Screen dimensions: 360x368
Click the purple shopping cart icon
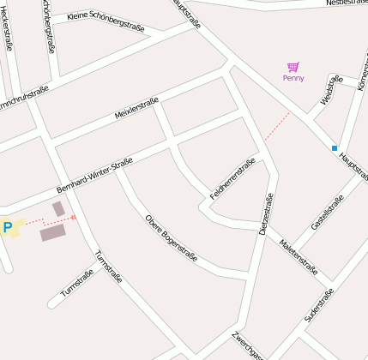pos(293,67)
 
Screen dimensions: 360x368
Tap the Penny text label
pos(293,78)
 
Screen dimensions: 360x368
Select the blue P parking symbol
pos(8,227)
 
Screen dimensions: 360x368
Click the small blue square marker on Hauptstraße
pos(335,148)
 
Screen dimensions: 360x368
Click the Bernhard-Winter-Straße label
pos(94,176)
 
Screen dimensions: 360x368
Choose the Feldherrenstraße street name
pos(234,181)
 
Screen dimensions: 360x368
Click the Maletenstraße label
pos(299,257)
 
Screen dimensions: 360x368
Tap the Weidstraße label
pos(330,90)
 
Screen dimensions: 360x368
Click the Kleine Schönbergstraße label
pos(106,21)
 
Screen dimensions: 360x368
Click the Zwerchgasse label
pos(250,346)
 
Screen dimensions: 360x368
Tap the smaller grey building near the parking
pos(58,208)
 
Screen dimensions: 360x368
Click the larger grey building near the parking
pos(52,232)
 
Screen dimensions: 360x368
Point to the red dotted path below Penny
pos(276,125)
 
